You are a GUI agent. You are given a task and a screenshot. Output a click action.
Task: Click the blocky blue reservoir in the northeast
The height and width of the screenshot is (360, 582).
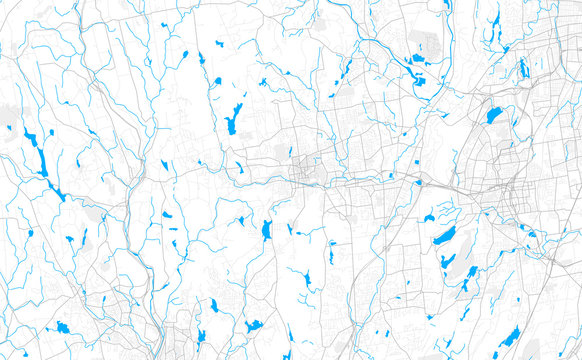pyautogui.click(x=494, y=115)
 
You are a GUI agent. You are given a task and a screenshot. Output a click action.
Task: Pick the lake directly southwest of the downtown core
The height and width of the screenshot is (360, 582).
pyautogui.click(x=266, y=230)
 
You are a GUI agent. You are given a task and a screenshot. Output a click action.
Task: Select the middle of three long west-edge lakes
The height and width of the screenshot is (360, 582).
pyautogui.click(x=43, y=160)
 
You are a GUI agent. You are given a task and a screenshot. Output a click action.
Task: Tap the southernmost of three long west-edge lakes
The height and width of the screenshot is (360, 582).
pyautogui.click(x=58, y=189)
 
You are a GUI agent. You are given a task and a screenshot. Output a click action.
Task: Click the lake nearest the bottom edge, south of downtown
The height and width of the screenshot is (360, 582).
pyautogui.click(x=254, y=326)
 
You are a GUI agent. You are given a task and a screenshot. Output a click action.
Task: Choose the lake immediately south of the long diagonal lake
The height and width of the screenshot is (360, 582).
pyautogui.click(x=449, y=261)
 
